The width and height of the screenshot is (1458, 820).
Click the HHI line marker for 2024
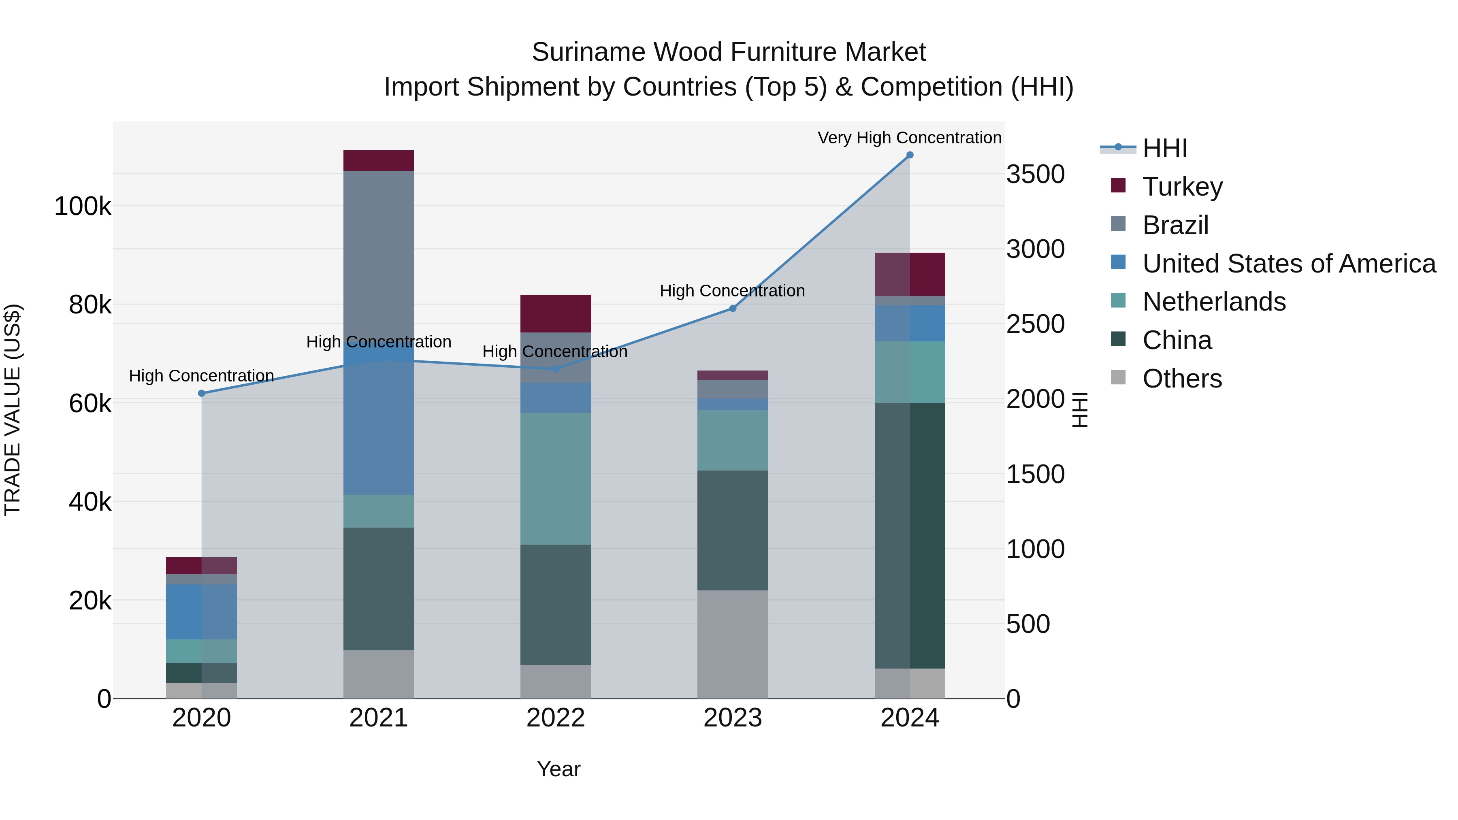coord(910,155)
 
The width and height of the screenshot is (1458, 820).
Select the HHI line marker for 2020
coord(202,393)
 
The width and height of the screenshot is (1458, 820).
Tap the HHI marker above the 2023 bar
coord(732,309)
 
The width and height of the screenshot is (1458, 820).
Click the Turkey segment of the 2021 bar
coord(379,161)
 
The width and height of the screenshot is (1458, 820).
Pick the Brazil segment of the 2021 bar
coord(379,255)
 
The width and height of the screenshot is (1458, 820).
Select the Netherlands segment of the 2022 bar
coord(556,479)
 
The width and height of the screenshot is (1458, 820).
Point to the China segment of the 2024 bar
coord(910,535)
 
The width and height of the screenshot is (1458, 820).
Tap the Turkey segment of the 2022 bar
coord(556,313)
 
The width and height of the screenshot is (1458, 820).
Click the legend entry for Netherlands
coord(1213,302)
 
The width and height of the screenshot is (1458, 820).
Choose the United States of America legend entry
coord(1288,264)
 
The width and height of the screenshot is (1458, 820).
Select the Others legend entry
coord(1182,379)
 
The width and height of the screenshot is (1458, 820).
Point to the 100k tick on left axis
coord(83,207)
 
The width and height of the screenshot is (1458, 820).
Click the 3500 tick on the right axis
coord(1035,174)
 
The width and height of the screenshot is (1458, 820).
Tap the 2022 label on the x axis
coord(556,718)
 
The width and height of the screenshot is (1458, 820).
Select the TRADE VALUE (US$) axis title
coord(13,410)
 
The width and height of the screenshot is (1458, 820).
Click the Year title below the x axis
coord(558,769)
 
